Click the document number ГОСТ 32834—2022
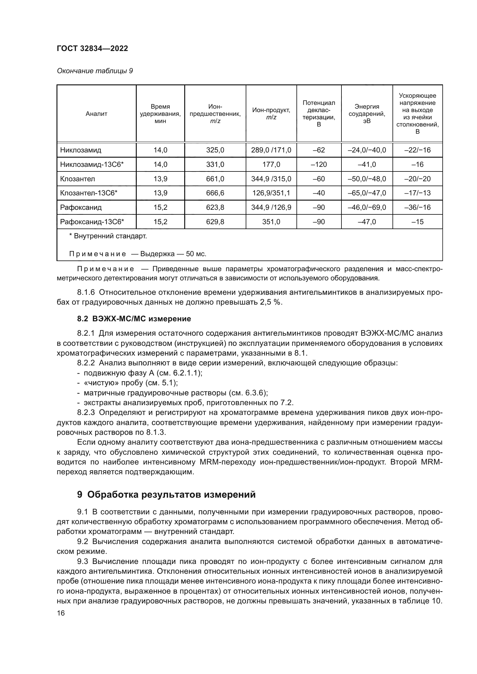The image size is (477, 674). tap(92, 48)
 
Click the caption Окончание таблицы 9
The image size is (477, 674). tap(95, 71)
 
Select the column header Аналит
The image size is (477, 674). tap(96, 114)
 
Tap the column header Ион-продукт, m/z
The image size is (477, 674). tap(271, 114)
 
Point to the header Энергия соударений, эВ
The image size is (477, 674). tap(367, 114)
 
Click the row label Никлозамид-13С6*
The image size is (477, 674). tap(92, 164)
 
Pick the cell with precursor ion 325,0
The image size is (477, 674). tap(215, 150)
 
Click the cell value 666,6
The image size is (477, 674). tap(215, 193)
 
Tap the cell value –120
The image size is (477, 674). tap(319, 164)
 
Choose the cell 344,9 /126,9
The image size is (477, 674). tap(271, 207)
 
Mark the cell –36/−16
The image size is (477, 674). tap(417, 207)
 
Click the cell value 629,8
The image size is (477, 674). tap(215, 222)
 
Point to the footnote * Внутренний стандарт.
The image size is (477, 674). tap(108, 236)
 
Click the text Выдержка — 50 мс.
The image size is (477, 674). tap(173, 254)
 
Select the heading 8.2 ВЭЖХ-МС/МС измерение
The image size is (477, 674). tap(134, 318)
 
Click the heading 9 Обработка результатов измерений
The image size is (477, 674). tap(166, 495)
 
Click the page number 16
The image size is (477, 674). tap(61, 613)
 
